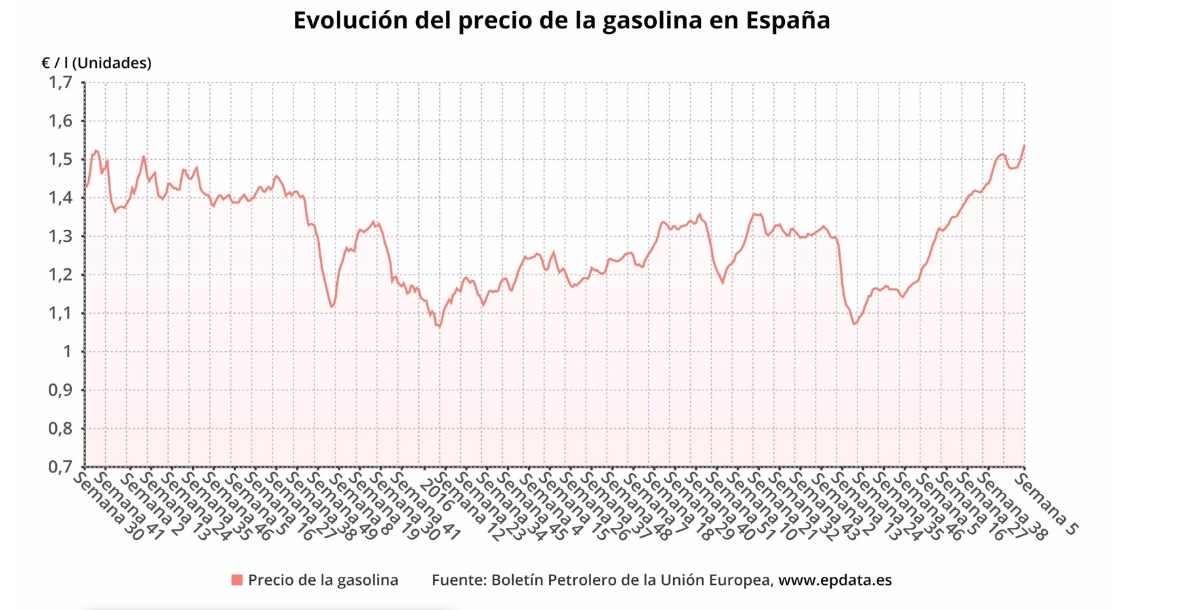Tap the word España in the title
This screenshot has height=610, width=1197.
pos(788,20)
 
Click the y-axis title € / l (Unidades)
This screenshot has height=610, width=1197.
pos(96,63)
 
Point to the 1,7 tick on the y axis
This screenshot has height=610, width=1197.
pos(60,83)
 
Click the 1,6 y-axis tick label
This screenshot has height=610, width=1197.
pos(60,121)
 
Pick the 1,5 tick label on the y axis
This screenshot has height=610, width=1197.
pos(60,160)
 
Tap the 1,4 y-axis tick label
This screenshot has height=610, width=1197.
pos(60,198)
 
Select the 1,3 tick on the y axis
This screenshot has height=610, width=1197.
pos(60,237)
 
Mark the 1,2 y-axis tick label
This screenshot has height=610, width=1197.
pos(60,275)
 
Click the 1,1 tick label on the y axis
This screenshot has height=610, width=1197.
pos(60,313)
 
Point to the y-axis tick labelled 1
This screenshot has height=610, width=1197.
pos(67,352)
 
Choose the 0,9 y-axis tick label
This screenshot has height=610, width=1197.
pos(60,390)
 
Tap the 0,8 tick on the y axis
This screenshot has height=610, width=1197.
pos(60,428)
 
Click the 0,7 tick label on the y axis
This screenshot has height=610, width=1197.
pos(60,467)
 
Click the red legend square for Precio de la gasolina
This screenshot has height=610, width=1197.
pos(237,580)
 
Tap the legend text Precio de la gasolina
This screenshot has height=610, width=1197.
pos(323,580)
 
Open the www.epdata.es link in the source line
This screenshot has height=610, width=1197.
pos(834,580)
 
